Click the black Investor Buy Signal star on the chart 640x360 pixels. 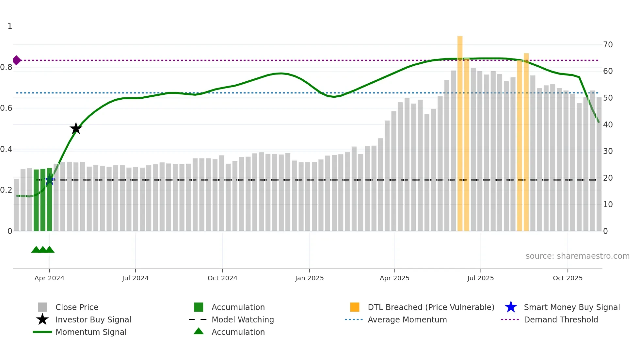(x=76, y=128)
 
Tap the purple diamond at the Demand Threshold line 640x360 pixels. (x=17, y=60)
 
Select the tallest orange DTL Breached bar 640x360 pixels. (x=460, y=131)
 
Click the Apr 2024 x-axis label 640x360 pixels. (x=49, y=278)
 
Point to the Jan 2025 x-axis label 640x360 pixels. (x=309, y=278)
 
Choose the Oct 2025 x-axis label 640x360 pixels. (x=568, y=278)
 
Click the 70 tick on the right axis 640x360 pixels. (x=608, y=45)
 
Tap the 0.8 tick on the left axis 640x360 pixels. (x=6, y=67)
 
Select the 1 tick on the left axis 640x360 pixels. (x=10, y=26)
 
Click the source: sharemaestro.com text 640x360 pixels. (x=577, y=256)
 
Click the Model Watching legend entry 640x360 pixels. (x=242, y=319)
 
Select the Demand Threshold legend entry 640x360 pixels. (x=561, y=319)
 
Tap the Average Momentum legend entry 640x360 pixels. (x=407, y=319)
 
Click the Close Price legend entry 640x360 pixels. (x=76, y=307)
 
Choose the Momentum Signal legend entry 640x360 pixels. (x=91, y=332)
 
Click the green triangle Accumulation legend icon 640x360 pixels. (x=199, y=331)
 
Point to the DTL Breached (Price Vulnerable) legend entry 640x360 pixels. (x=431, y=307)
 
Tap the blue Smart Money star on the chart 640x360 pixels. (x=50, y=180)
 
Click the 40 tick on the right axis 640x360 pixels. (x=608, y=125)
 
